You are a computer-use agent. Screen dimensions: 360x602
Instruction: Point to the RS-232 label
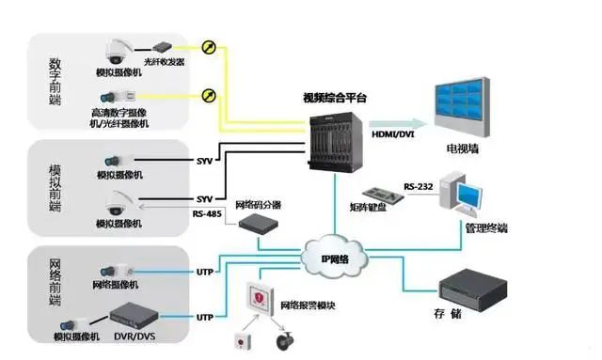click(419, 185)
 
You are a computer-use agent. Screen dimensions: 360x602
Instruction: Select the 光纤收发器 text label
click(166, 61)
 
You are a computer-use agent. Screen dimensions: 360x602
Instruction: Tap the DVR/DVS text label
click(134, 336)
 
